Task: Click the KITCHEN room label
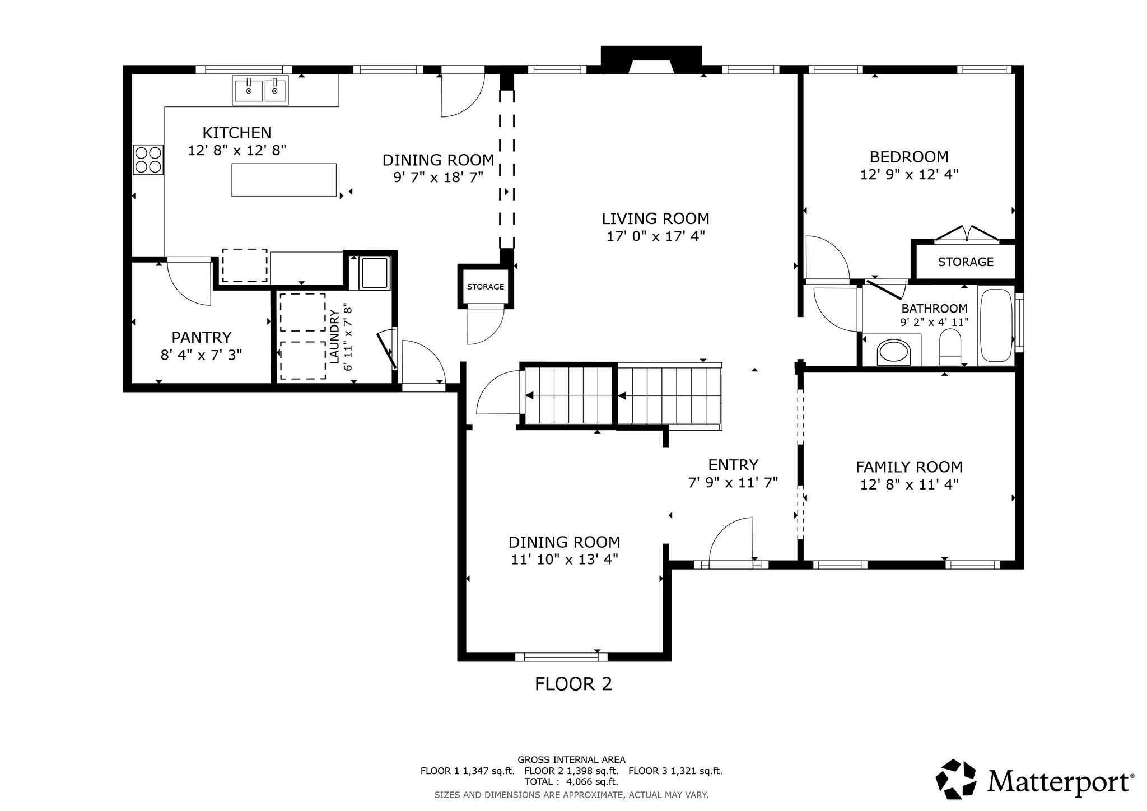[236, 133]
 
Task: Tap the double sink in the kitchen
[260, 90]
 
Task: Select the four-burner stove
[148, 160]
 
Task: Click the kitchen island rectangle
[284, 180]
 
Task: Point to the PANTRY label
[201, 337]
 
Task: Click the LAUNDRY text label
[335, 337]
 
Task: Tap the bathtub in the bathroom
[996, 325]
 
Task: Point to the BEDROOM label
[909, 156]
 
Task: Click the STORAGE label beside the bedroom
[966, 262]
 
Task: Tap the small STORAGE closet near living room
[486, 287]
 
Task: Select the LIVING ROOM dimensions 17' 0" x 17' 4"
[655, 236]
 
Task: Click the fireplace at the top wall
[651, 60]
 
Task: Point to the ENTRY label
[733, 465]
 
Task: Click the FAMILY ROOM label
[909, 467]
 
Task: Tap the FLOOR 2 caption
[573, 684]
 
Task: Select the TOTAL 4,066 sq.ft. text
[571, 781]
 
